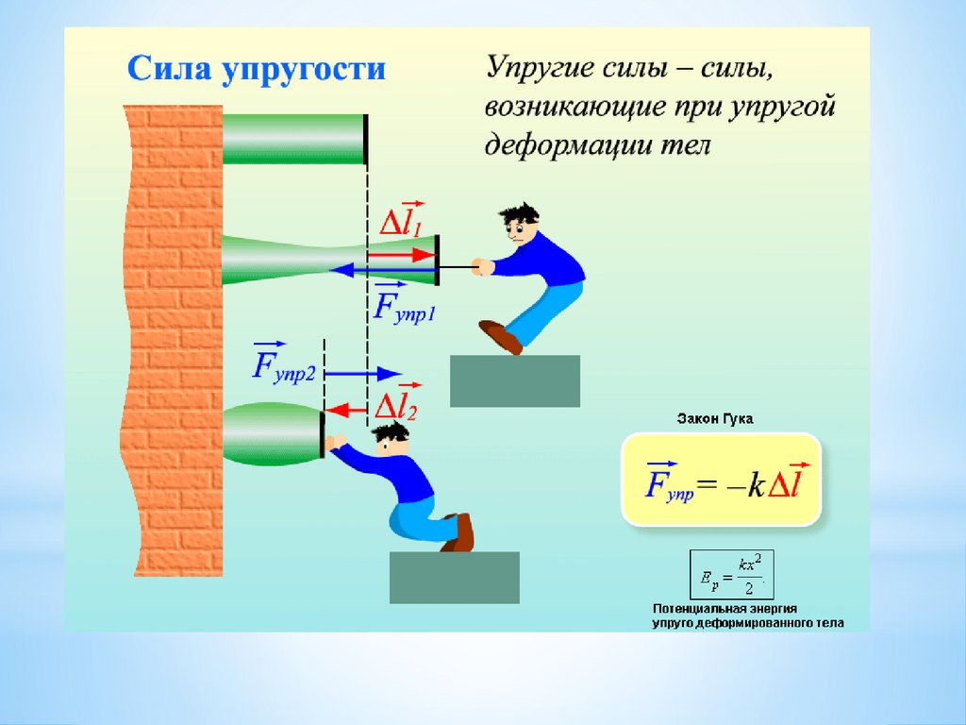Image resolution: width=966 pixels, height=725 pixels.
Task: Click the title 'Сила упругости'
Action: coord(257,71)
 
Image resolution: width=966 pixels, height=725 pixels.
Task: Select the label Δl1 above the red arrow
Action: coord(402,219)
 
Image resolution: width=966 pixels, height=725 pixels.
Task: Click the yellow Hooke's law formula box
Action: coord(721,480)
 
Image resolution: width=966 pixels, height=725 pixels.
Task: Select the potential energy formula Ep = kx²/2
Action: coord(731,573)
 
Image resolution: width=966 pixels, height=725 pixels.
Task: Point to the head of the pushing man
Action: coord(390,439)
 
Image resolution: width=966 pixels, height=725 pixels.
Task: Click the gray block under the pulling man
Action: coord(514,380)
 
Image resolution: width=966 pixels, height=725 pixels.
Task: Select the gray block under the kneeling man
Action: coord(454,577)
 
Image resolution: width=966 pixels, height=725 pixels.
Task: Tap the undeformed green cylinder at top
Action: coord(293,138)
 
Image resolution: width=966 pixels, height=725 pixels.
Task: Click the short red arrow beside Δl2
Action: coord(347,410)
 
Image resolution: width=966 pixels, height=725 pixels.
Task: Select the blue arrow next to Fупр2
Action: coord(364,372)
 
